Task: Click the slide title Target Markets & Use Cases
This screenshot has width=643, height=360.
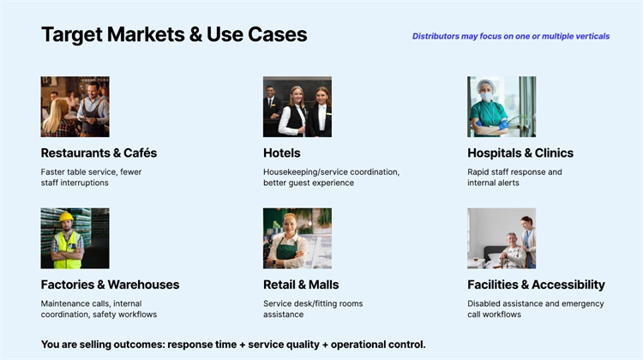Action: (174, 34)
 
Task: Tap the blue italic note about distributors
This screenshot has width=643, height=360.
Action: (511, 36)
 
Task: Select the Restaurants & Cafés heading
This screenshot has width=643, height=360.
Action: (99, 153)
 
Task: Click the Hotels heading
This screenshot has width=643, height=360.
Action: (282, 153)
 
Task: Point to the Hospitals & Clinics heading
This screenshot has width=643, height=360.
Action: (520, 153)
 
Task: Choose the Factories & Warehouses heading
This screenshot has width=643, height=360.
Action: (110, 285)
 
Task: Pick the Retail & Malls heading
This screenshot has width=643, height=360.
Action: (301, 285)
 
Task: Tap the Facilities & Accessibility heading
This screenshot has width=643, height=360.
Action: (536, 285)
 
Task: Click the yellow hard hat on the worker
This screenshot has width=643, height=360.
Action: (66, 217)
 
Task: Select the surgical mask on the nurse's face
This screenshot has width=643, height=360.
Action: (486, 97)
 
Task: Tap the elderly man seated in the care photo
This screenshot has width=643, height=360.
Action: (511, 250)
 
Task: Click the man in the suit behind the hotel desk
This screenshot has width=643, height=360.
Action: (271, 103)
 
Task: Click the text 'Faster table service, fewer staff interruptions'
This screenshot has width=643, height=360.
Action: (91, 177)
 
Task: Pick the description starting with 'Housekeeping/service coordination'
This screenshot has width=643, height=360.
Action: (331, 177)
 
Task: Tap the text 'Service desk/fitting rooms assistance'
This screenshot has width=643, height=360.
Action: (313, 309)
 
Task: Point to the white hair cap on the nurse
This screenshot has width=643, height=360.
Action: (486, 85)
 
